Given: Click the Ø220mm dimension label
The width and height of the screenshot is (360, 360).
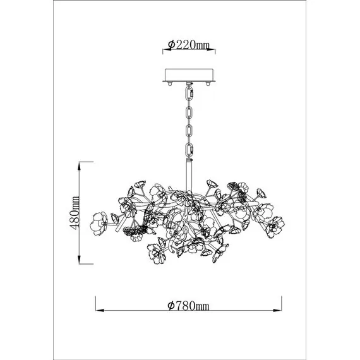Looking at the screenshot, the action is [189, 45].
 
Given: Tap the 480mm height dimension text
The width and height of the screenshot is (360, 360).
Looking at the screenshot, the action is [75, 213].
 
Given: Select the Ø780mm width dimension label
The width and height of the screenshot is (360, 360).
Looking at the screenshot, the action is [188, 306].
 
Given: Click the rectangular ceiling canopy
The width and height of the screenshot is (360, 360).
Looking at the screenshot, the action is [189, 75].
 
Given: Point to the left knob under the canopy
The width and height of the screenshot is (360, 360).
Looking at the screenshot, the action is [170, 83].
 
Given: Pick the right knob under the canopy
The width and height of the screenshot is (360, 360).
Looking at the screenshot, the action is [208, 83].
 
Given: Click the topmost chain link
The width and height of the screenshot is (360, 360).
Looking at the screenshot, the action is [189, 93].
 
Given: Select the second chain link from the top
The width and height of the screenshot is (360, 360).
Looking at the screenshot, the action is [189, 113].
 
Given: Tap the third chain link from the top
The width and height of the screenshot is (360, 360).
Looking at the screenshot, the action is [189, 131].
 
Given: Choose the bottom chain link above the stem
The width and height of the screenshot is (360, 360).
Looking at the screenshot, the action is [189, 150].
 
